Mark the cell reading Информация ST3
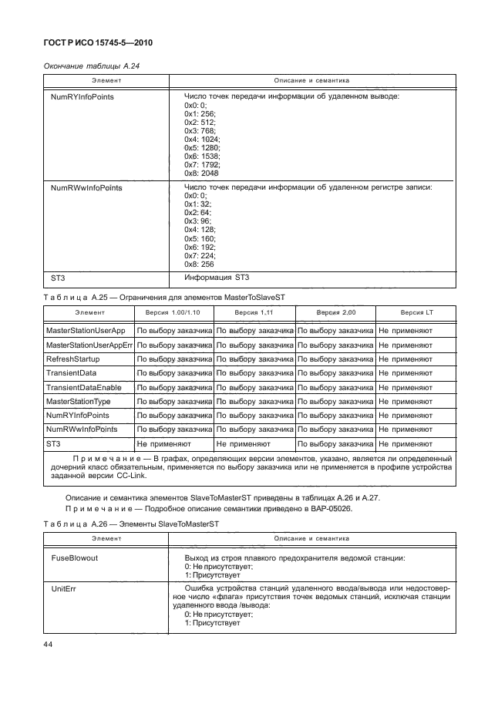[217, 278]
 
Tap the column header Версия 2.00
[334, 313]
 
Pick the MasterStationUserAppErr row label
[90, 345]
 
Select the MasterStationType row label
[79, 401]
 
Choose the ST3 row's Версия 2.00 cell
[334, 444]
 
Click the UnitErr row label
[62, 588]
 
